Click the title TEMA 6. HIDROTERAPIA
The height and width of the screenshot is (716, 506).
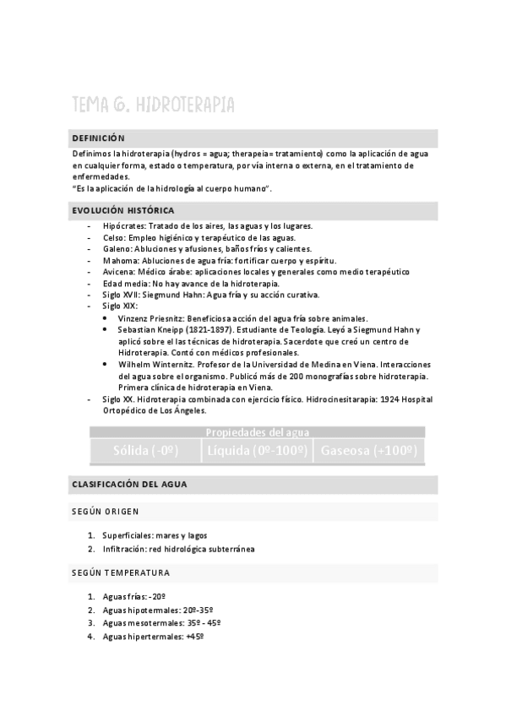[153, 105]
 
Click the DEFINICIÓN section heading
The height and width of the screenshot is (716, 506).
[98, 138]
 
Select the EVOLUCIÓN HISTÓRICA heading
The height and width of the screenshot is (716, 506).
[123, 209]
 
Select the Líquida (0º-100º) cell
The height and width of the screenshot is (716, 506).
[256, 451]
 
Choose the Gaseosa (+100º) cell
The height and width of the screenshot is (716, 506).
[367, 451]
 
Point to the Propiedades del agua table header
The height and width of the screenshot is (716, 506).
[257, 432]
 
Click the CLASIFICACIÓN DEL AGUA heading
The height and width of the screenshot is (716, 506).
[129, 485]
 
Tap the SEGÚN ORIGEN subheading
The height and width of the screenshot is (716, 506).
[106, 512]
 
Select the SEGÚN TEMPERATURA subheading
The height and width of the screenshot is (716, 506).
[121, 572]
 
